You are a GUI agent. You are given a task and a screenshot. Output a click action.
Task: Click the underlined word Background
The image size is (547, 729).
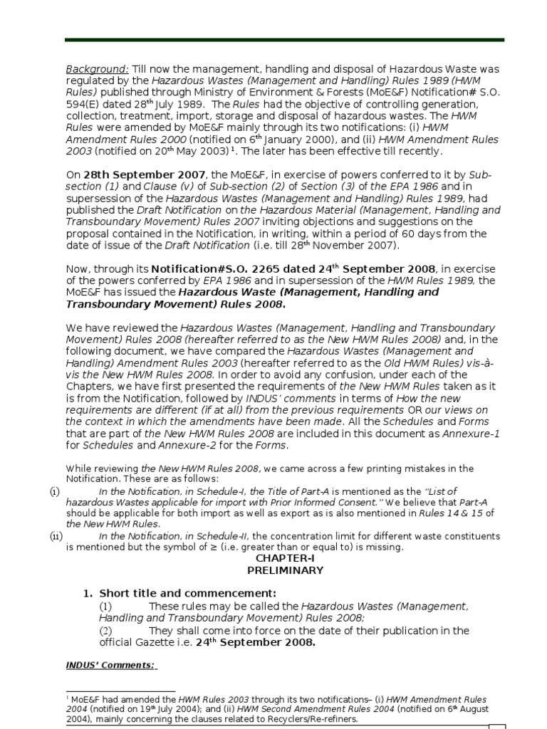pos(97,69)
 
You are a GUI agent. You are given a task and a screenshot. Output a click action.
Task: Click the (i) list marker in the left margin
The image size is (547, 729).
pos(55,491)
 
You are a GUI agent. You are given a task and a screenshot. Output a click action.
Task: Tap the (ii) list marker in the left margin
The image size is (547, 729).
pos(56,536)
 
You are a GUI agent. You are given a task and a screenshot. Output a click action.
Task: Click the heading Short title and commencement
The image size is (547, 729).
pos(187,593)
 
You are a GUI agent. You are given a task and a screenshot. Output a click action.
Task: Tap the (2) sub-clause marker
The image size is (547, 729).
pos(105,631)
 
